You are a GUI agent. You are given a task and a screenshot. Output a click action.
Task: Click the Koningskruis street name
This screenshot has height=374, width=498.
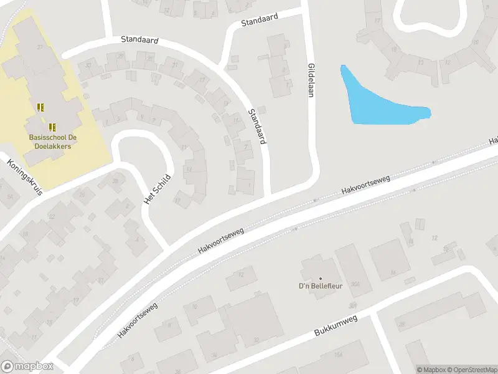point(25,178)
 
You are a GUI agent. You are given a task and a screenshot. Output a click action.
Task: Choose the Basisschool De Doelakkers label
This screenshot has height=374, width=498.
point(50,141)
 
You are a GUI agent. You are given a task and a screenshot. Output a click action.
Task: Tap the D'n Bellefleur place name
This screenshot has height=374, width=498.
point(320,287)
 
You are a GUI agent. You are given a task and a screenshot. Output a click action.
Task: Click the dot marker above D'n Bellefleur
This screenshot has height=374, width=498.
point(321,278)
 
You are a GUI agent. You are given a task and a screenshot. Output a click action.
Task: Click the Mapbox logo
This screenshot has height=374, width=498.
point(27,367)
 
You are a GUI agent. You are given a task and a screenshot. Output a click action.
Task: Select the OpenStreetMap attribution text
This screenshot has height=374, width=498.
point(472,370)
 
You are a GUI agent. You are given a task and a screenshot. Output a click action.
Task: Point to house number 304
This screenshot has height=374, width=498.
point(354,284)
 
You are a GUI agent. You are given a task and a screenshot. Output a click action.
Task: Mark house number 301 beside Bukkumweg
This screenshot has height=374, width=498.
point(354,305)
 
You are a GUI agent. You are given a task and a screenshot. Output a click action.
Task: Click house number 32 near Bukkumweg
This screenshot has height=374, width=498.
point(256,340)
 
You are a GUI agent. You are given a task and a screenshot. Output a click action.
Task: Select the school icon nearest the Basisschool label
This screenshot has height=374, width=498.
point(52,126)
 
